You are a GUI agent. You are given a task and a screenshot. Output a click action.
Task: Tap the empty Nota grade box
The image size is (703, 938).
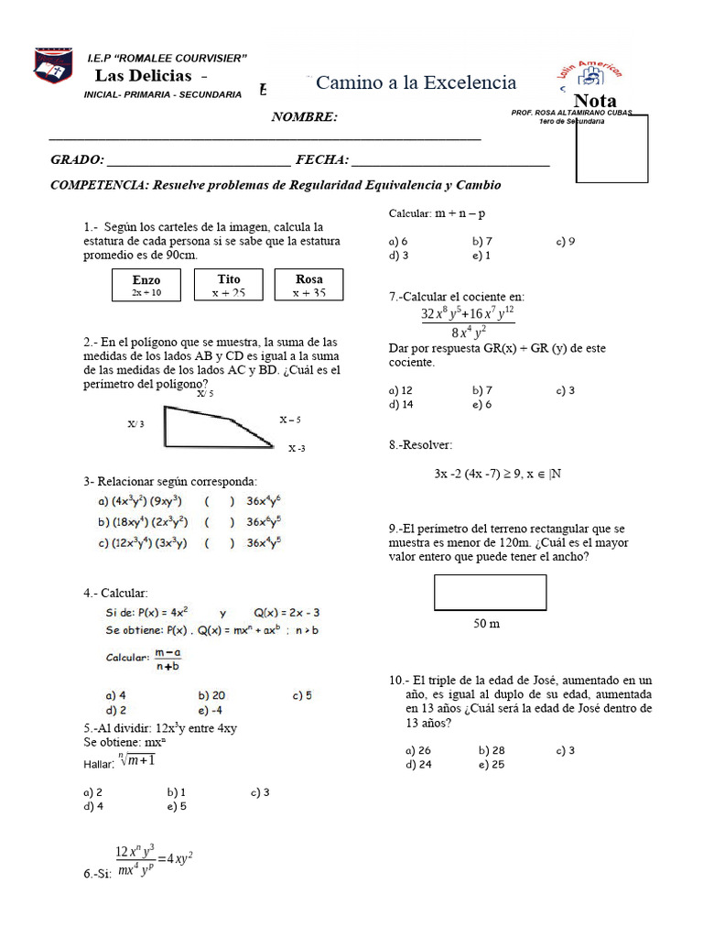pos(612,148)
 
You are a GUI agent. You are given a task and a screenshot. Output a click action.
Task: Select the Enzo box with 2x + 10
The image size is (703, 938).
pos(146,285)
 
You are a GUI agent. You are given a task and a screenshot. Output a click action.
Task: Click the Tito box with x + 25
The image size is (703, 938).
pos(228,285)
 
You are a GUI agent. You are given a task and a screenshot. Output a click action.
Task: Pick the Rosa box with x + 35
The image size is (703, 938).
pos(309,285)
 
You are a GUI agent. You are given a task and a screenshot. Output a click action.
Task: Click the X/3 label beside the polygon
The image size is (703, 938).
pos(136,425)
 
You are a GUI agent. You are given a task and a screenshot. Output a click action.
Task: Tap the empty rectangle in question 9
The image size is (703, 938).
pos(491,592)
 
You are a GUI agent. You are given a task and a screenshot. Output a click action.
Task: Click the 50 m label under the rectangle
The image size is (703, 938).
pos(487,624)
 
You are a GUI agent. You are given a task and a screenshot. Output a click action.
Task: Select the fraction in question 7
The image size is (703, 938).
pos(468,322)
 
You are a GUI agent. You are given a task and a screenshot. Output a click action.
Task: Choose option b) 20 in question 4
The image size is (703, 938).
pos(211,695)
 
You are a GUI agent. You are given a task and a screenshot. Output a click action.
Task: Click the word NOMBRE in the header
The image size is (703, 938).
pos(304,116)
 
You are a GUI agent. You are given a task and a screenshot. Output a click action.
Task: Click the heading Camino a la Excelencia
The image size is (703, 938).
pos(416,83)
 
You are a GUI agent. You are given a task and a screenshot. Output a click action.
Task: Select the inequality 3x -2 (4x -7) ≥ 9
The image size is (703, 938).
pos(497,474)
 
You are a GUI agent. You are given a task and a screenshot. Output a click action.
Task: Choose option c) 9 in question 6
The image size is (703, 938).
pos(565,241)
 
